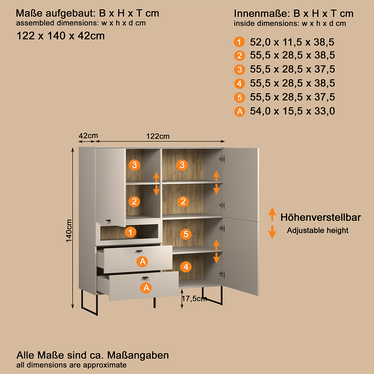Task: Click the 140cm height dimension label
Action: tap(69, 231)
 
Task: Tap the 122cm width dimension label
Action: tap(158, 136)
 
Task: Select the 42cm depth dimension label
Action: tap(88, 135)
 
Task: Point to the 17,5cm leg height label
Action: tap(194, 298)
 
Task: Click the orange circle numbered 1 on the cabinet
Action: tap(130, 232)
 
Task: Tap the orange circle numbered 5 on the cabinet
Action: tap(186, 234)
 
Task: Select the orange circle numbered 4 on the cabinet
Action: tap(186, 267)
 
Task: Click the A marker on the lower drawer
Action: tap(146, 288)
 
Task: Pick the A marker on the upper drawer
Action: tap(142, 261)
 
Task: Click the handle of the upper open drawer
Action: tap(139, 251)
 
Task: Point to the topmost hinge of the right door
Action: tap(222, 159)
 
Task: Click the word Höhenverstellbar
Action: tap(321, 217)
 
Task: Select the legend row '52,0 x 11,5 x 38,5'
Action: tap(292, 42)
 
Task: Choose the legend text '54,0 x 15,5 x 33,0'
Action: tap(292, 111)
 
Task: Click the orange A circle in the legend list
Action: tap(239, 111)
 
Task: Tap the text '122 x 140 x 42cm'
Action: tap(61, 36)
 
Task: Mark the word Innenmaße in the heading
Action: tap(262, 13)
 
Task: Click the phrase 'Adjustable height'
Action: tap(318, 230)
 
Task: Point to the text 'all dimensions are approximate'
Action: tap(71, 365)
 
